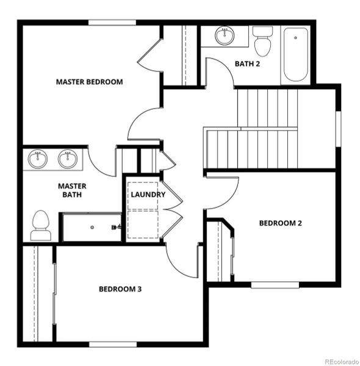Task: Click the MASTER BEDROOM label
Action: [90, 82]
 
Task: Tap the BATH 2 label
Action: [247, 63]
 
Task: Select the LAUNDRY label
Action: [148, 195]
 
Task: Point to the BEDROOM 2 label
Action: [281, 223]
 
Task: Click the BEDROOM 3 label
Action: [120, 289]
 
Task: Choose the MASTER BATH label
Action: [72, 190]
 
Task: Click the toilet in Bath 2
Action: [262, 41]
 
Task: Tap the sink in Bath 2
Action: [225, 35]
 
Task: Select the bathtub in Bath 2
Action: [295, 55]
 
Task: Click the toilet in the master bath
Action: [41, 225]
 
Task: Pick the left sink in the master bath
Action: [38, 159]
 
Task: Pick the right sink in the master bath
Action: [68, 159]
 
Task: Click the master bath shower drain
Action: [92, 227]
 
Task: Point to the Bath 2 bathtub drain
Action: [295, 38]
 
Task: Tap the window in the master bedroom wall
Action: [112, 23]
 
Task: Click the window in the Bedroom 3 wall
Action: [113, 344]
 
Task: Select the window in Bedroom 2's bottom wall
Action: [275, 285]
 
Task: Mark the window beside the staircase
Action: [338, 129]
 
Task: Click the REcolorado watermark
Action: [342, 362]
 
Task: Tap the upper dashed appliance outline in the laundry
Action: [143, 196]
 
